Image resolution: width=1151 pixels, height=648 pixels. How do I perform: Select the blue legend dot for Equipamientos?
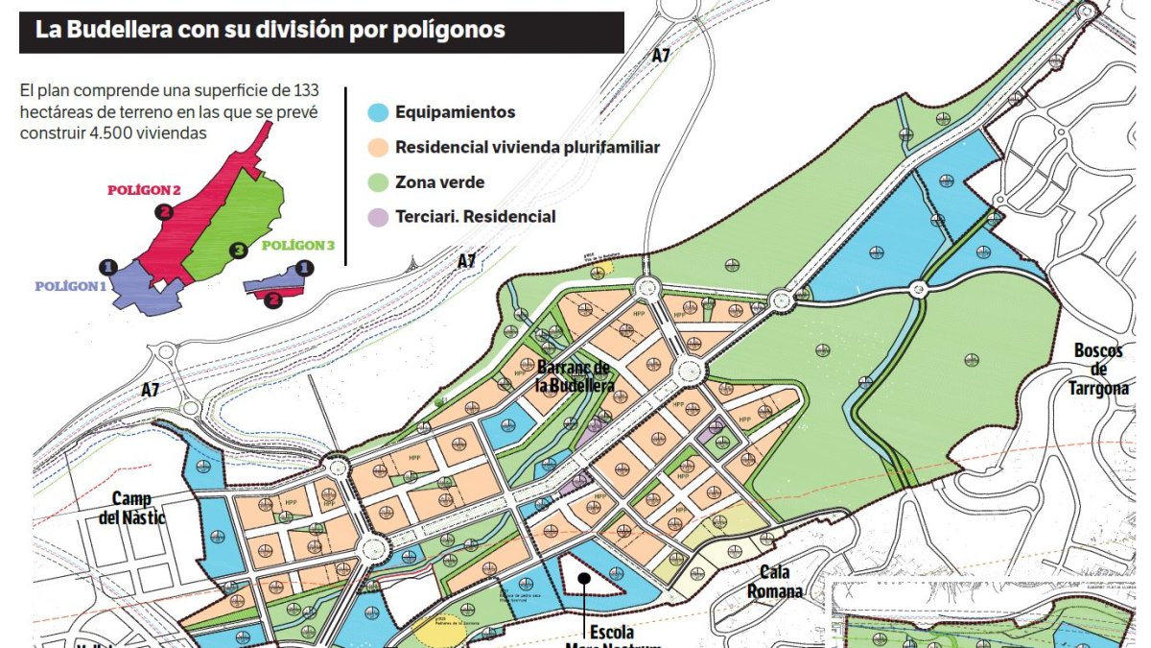[x=379, y=112]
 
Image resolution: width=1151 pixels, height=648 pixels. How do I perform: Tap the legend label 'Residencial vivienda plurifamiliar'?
[x=527, y=147]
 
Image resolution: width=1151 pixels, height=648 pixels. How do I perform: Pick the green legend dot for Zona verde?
[x=379, y=182]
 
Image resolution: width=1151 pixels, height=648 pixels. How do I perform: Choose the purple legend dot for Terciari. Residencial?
[x=379, y=217]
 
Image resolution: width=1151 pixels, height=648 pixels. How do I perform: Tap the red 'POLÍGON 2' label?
[x=144, y=190]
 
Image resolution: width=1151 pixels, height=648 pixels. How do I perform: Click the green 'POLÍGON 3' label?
[x=298, y=246]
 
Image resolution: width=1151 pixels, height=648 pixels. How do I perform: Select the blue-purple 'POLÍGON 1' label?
[x=71, y=286]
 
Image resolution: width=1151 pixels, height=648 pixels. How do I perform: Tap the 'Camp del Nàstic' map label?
[x=138, y=508]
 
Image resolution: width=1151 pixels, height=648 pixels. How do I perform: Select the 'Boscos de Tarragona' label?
[x=1097, y=369]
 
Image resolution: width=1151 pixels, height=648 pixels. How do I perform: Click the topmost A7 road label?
[x=661, y=56]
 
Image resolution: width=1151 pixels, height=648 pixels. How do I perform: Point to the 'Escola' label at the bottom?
[x=610, y=634]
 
